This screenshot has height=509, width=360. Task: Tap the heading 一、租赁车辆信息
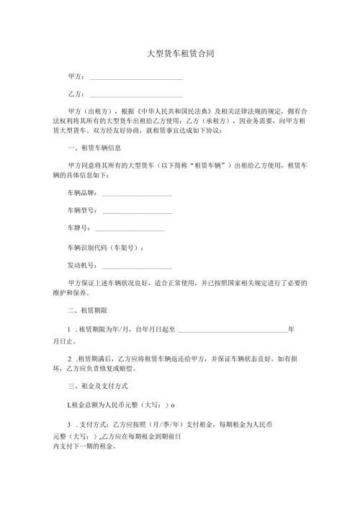[x=89, y=148]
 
